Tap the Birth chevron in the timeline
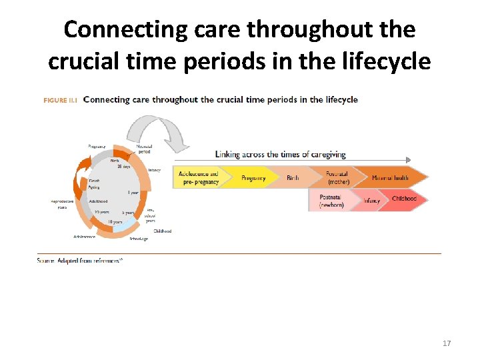[293, 178]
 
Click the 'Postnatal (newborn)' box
[332, 201]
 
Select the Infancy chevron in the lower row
[372, 201]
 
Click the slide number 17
[447, 343]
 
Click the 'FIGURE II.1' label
[61, 100]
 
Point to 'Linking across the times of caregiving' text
[280, 154]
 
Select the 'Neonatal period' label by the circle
[145, 148]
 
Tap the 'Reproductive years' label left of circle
[62, 203]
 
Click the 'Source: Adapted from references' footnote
[80, 260]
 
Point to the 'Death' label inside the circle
[95, 181]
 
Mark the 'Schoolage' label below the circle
[139, 239]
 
